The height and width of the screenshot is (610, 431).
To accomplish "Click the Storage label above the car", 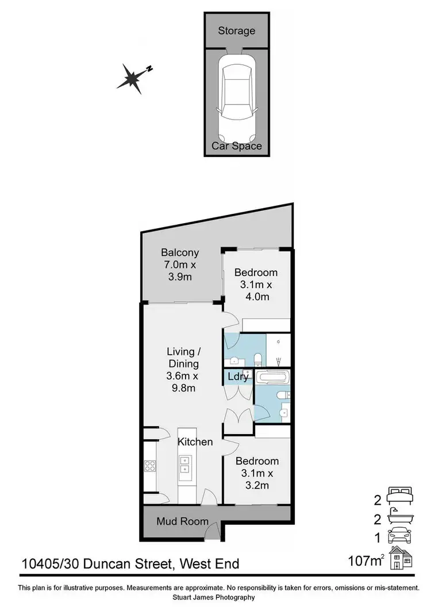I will click(236, 30).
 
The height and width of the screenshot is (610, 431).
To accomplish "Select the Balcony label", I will click(180, 252).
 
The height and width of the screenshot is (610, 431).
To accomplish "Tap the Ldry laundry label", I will click(238, 377).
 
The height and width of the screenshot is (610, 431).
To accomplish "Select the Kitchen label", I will click(195, 442).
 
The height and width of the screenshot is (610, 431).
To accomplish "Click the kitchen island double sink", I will click(186, 464).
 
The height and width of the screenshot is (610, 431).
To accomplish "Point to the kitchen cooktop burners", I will click(149, 465).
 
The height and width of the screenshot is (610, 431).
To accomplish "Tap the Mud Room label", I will click(182, 521).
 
